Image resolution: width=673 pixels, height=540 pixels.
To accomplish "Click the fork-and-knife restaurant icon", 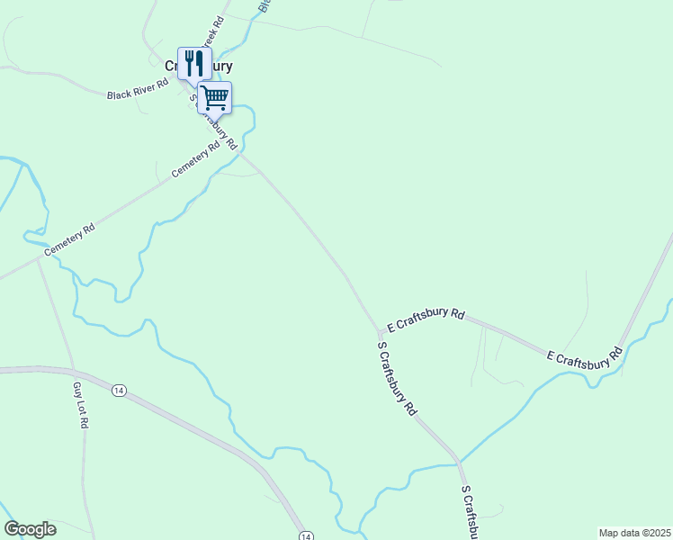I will click(x=194, y=63).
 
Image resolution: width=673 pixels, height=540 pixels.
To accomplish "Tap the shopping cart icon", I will click(x=215, y=96).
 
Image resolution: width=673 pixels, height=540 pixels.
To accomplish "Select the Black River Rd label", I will click(x=138, y=88).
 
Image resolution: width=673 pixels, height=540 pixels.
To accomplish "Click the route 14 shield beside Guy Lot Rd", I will click(x=119, y=390).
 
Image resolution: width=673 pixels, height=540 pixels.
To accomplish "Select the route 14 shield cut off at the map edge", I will click(x=306, y=535).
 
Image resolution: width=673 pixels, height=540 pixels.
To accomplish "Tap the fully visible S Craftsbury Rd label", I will click(x=398, y=378).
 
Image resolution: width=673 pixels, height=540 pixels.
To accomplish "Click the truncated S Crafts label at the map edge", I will click(x=469, y=513).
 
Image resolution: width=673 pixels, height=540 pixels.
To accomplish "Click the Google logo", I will click(x=30, y=529).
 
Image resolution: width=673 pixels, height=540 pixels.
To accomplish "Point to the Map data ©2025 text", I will click(x=634, y=532).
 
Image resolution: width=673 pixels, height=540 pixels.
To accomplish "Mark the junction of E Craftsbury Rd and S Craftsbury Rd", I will click(x=381, y=330).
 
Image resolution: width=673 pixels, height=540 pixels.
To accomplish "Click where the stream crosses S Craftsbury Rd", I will click(x=459, y=463).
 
